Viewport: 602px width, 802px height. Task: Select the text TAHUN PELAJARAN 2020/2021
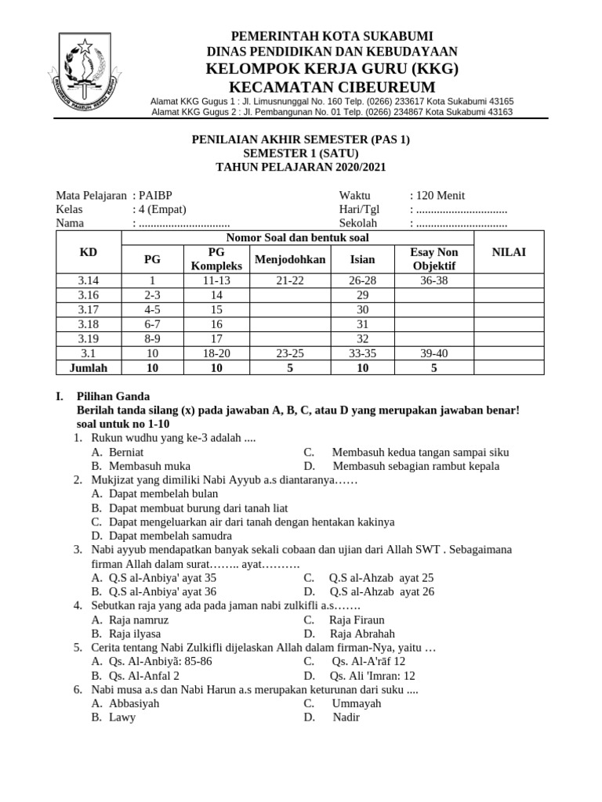[x=301, y=168]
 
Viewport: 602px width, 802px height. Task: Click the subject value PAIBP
[x=154, y=196]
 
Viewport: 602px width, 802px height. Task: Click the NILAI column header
[x=508, y=251]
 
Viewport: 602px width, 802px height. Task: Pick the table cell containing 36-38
[x=433, y=280]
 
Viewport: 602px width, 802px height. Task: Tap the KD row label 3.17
[x=89, y=309]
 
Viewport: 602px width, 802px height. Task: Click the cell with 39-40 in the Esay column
[x=433, y=353]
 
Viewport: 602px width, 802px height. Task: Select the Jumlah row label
[x=89, y=367]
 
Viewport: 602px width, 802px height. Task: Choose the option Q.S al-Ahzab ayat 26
[x=382, y=592]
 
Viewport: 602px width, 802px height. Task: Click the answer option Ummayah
[x=357, y=703]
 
